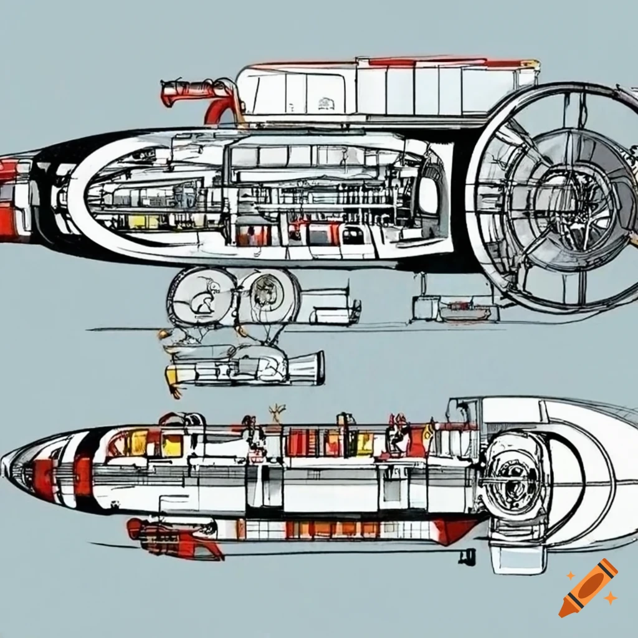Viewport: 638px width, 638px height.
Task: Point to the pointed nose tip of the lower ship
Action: (5, 464)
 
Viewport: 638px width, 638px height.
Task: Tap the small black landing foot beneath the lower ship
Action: (467, 556)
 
